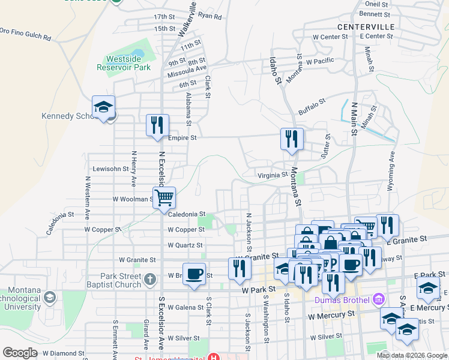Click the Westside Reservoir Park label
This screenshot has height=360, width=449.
pos(127,64)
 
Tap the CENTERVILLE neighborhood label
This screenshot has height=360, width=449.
pos(366,27)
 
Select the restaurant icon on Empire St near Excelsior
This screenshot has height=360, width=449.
pos(158,125)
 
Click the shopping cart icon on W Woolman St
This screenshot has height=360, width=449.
pos(164,197)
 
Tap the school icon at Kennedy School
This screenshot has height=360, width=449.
pos(104,107)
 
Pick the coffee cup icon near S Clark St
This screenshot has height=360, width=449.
pos(194,274)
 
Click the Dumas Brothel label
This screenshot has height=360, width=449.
pos(340,299)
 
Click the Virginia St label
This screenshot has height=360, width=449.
pos(273,175)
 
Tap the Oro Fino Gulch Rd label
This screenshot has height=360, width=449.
pos(25,33)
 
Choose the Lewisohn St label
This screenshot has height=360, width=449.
pos(108,169)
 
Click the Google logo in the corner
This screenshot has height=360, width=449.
pos(20,353)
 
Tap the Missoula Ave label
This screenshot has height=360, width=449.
pos(187,68)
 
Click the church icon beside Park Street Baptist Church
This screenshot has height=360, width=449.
pos(150,279)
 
